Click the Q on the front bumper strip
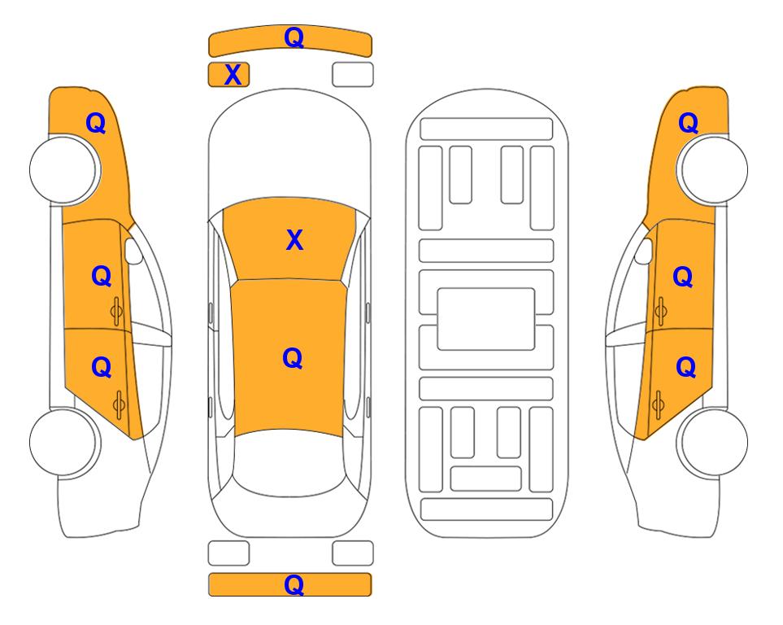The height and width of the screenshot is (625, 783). point(294,37)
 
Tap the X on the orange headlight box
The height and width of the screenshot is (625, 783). point(233,75)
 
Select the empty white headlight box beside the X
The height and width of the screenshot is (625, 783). point(353,75)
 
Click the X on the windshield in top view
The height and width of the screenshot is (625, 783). point(294,240)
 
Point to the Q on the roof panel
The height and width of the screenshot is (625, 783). point(292,359)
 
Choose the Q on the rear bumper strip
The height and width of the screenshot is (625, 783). point(294,584)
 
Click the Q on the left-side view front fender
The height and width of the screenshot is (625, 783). point(96,123)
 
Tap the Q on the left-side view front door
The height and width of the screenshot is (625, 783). point(102,276)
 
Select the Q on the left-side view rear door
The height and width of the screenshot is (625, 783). point(102,368)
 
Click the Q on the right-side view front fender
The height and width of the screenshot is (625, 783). point(688,123)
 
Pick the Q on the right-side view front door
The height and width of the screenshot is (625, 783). point(683,277)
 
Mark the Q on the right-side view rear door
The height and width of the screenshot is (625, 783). point(685,368)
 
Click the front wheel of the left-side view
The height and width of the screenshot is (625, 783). point(64,170)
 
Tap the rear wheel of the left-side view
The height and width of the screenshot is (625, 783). point(64,443)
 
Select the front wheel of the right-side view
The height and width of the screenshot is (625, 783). point(712,169)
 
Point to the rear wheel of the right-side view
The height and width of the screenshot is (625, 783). point(712,442)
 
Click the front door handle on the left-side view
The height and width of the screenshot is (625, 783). point(117,312)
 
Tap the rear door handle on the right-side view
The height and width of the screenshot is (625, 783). point(658,404)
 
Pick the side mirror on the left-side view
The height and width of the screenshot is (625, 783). point(133,251)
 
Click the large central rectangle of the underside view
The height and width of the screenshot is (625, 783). point(486,319)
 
